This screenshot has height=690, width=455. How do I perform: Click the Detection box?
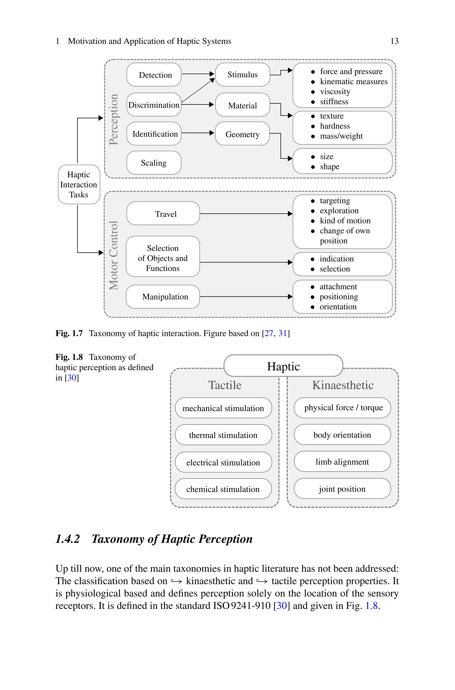pos(154,75)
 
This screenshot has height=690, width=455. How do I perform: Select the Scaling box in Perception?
pos(154,163)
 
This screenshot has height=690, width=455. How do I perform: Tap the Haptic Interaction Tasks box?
pos(79,184)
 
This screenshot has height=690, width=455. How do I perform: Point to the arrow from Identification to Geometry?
pos(197,133)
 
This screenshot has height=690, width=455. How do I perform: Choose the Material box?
pos(242,105)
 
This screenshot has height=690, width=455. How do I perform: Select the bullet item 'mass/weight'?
pos(341,136)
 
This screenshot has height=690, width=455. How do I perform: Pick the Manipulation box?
pos(163,296)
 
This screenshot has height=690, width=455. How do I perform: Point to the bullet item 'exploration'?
pos(339,211)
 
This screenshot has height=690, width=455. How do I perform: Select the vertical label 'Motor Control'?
pos(114,255)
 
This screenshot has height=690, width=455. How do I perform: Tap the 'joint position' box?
pos(342,489)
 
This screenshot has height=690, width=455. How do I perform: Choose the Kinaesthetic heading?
pos(343,385)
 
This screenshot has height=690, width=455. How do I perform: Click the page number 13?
pos(394,41)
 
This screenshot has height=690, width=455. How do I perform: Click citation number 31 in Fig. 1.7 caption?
pos(282,333)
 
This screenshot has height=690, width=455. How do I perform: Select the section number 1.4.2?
pos(68,539)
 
